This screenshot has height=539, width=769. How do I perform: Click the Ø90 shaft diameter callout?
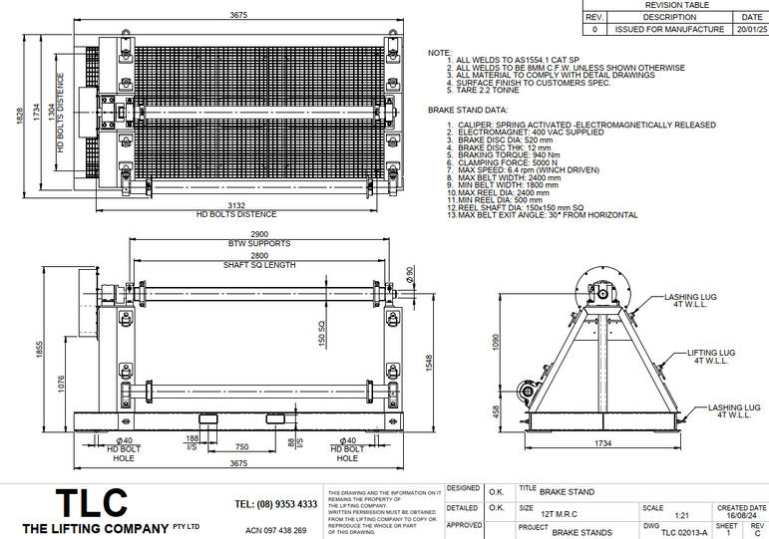[410, 273]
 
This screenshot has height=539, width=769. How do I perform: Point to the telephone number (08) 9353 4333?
[276, 504]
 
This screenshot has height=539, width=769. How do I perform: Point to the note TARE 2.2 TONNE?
[488, 90]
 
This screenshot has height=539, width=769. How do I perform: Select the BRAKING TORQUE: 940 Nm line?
[502, 155]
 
